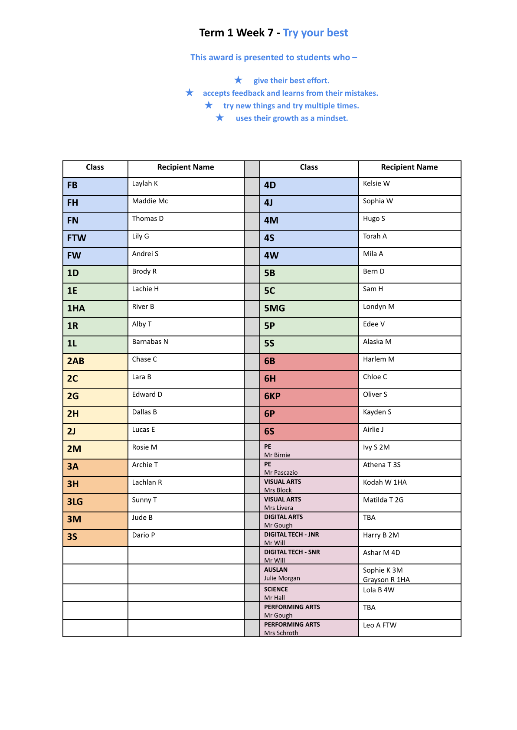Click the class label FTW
pyautogui.click(x=77, y=238)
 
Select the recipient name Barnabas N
pyautogui.click(x=150, y=342)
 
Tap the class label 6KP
pyautogui.click(x=272, y=396)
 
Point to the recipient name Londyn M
pyautogui.click(x=379, y=307)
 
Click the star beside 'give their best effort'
pyautogui.click(x=238, y=80)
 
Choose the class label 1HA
pyautogui.click(x=76, y=309)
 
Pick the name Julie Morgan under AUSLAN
pyautogui.click(x=282, y=578)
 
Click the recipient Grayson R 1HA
pyautogui.click(x=386, y=580)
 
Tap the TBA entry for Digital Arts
pyautogui.click(x=369, y=518)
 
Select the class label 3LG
pyautogui.click(x=75, y=502)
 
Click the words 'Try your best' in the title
pyautogui.click(x=315, y=33)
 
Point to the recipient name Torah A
pyautogui.click(x=375, y=236)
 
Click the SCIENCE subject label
pyautogui.click(x=276, y=590)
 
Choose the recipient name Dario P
pyautogui.click(x=143, y=535)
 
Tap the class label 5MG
pyautogui.click(x=275, y=309)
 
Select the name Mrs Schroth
pyautogui.click(x=281, y=633)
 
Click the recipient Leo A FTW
pyautogui.click(x=380, y=625)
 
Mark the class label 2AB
pyautogui.click(x=75, y=361)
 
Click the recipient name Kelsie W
pyautogui.click(x=376, y=184)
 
